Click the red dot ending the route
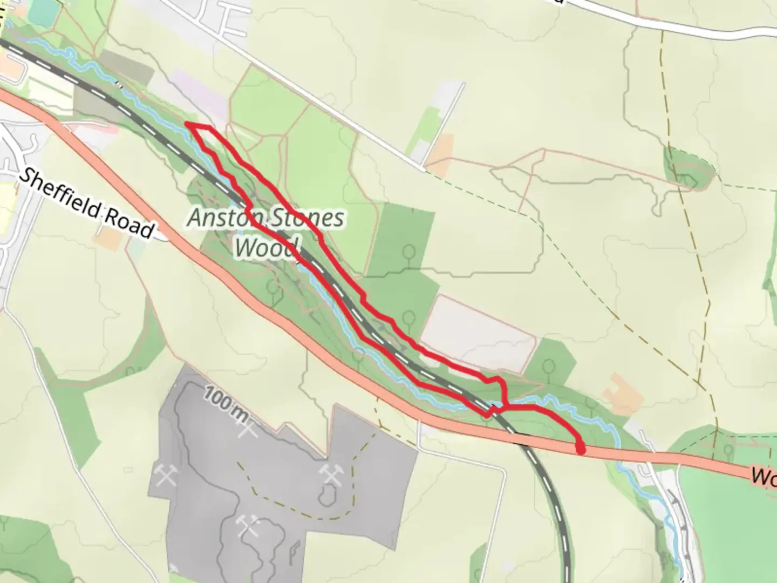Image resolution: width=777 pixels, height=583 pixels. [581, 448]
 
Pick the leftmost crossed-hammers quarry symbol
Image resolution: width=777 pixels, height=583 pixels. [166, 474]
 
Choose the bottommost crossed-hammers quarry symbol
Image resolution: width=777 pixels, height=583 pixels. [249, 525]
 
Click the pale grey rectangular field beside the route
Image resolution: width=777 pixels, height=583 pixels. [478, 332]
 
